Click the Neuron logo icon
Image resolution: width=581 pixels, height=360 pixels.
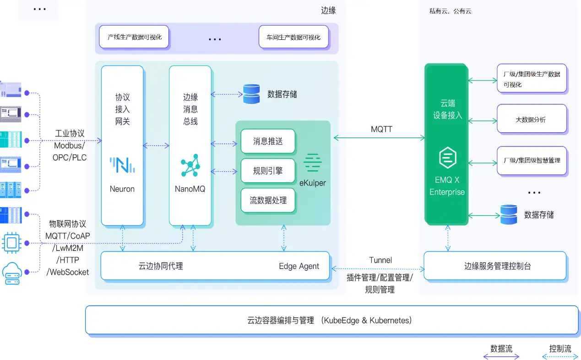click(x=122, y=165)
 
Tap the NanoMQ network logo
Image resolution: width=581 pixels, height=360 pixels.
click(x=190, y=165)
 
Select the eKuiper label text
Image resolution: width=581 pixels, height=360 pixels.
click(x=312, y=183)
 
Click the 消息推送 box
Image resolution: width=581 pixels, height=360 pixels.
click(x=268, y=141)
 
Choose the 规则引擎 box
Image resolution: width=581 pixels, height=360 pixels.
click(x=268, y=171)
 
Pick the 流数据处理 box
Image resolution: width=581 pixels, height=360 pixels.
click(x=268, y=200)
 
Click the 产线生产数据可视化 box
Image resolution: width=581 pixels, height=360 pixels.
click(x=134, y=37)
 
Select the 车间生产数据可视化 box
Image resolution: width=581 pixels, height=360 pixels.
click(x=293, y=37)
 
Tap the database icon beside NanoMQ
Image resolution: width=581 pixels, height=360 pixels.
click(x=251, y=94)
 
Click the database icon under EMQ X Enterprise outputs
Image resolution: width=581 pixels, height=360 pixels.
click(x=509, y=214)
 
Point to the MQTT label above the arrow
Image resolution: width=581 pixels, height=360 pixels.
click(x=381, y=129)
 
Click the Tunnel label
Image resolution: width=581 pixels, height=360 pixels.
click(x=380, y=260)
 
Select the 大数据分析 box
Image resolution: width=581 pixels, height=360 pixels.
click(x=532, y=119)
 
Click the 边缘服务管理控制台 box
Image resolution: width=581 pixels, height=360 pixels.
click(x=495, y=266)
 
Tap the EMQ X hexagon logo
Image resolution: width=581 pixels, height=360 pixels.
click(x=447, y=158)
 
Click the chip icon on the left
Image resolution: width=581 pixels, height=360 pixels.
click(x=11, y=243)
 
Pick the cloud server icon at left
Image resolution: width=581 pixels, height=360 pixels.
click(x=11, y=272)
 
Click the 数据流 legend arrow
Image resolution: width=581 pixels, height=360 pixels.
click(x=501, y=356)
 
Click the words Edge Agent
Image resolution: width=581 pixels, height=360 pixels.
click(x=299, y=266)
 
